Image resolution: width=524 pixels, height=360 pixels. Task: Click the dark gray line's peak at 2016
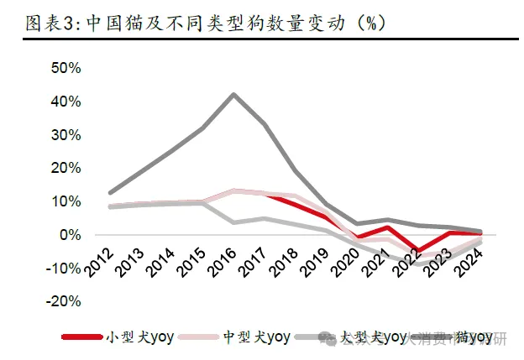233,94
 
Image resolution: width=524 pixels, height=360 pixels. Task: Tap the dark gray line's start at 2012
110,193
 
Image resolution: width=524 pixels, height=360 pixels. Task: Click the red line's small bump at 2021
387,227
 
